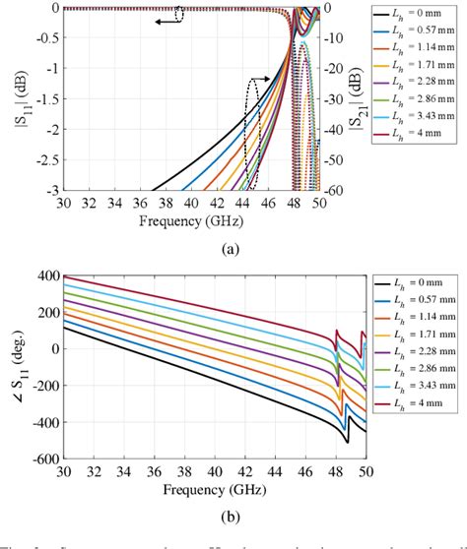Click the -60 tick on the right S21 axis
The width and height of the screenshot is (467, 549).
335,190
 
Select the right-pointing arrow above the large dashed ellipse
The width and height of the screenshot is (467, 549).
259,81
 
